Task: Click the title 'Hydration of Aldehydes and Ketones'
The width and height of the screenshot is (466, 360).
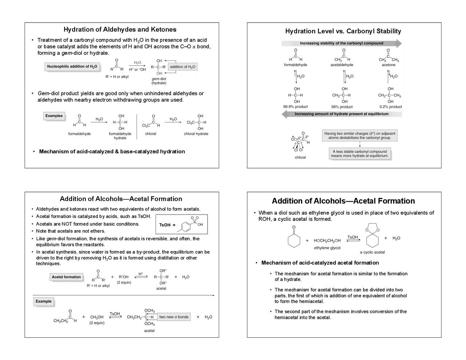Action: click(120, 29)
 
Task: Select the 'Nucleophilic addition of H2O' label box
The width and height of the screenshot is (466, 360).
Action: click(72, 67)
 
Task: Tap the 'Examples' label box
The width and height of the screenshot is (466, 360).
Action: click(54, 116)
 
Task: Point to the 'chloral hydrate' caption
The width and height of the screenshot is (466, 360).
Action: click(196, 134)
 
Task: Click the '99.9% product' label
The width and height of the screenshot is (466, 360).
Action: click(295, 107)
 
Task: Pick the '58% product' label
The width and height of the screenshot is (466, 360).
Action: click(342, 107)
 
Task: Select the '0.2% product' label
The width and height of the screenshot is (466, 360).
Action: click(391, 107)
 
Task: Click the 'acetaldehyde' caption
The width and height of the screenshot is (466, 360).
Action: click(342, 65)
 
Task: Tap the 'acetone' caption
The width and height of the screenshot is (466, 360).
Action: click(388, 65)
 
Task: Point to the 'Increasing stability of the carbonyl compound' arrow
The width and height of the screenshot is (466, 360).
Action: click(341, 43)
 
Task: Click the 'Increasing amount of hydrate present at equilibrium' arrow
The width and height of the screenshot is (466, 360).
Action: click(341, 114)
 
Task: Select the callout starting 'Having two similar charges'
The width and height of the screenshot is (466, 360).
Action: click(360, 135)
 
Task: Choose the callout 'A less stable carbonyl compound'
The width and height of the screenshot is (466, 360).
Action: click(360, 154)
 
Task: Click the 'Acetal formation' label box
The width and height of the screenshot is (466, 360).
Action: click(66, 277)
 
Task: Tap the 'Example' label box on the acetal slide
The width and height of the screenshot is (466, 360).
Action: click(44, 301)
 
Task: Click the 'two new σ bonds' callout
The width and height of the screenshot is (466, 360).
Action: click(174, 317)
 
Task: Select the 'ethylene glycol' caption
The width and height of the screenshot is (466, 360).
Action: click(327, 248)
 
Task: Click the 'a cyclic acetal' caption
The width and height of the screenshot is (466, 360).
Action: click(372, 252)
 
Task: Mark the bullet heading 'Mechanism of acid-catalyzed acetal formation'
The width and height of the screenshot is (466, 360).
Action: click(320, 263)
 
